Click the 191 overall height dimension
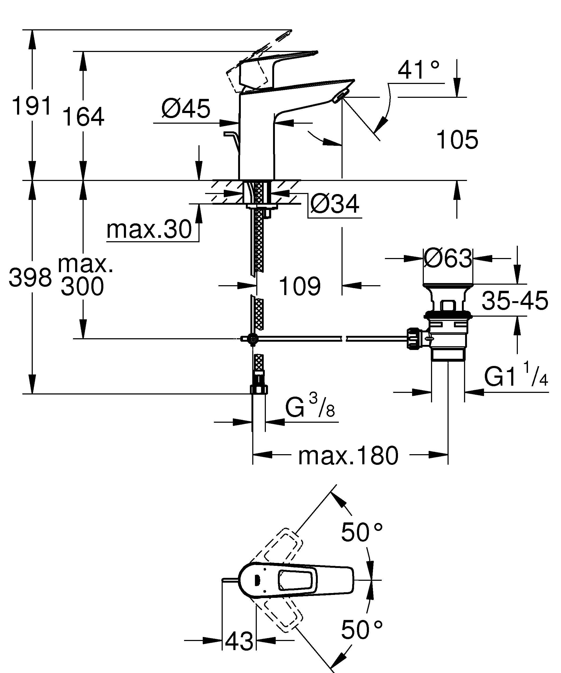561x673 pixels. coord(31,106)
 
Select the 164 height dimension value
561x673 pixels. coord(83,117)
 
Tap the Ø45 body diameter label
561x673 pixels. coord(186,108)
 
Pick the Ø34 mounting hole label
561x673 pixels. coord(335,204)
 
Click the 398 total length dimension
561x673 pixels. coord(30,277)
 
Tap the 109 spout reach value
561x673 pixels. coord(300,286)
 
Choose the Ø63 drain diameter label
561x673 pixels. coord(448,258)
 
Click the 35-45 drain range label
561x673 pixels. coord(515,301)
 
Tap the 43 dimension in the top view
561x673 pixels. coord(239,641)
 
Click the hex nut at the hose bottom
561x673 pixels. coord(259,389)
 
